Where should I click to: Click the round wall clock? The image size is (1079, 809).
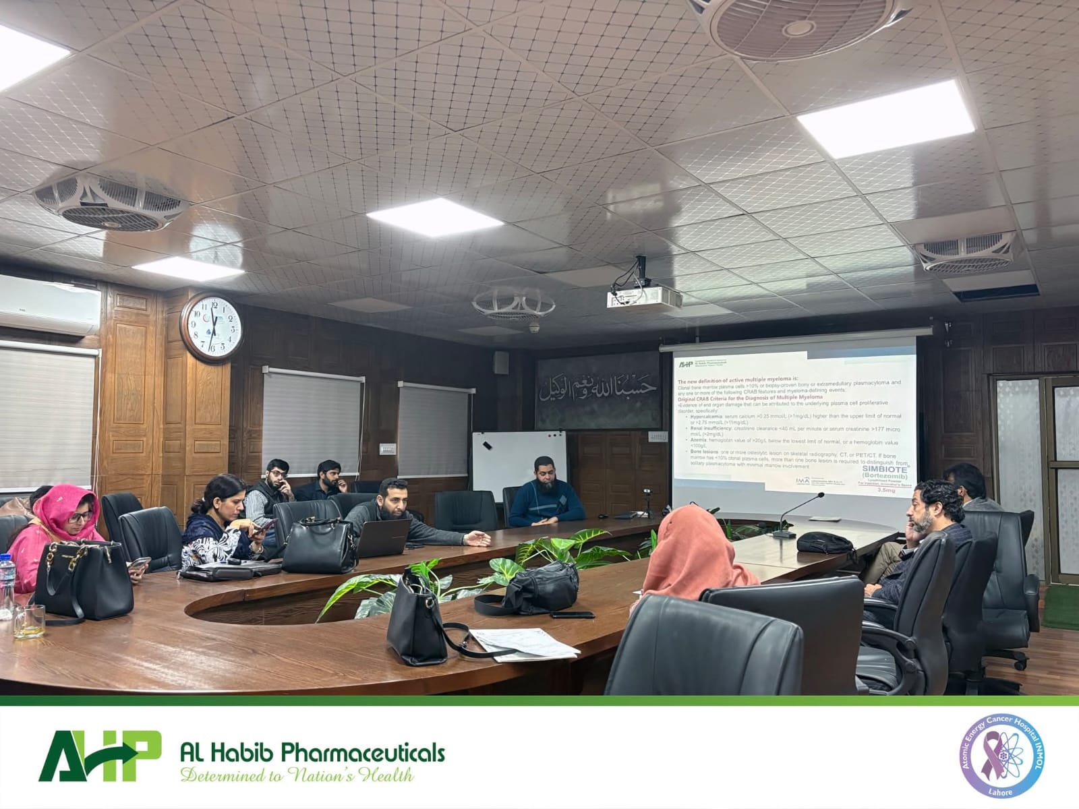click(x=212, y=328)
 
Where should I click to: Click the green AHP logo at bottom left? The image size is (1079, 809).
click(x=99, y=755)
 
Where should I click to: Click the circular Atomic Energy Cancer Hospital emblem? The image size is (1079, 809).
click(x=1003, y=756)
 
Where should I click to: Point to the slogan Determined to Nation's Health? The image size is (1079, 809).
click(x=297, y=775)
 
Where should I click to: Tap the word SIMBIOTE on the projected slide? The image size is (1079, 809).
click(x=881, y=469)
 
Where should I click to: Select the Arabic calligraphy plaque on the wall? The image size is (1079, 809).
click(x=598, y=389)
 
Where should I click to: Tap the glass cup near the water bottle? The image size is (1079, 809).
click(x=29, y=621)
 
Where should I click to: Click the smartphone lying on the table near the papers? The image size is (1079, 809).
click(x=573, y=614)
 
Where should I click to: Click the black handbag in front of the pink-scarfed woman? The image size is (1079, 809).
click(x=83, y=581)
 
